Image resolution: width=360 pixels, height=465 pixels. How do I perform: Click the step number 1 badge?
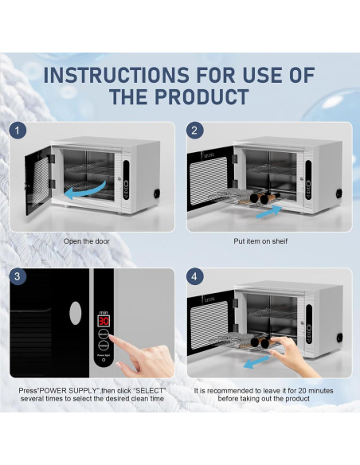(18, 131)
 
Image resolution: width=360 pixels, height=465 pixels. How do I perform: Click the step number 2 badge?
(195, 131)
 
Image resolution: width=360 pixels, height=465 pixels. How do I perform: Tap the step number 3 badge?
(18, 276)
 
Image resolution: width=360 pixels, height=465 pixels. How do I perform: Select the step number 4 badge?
(195, 276)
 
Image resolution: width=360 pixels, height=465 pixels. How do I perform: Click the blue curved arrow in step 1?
(85, 191)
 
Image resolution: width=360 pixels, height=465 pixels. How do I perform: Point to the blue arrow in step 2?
(269, 212)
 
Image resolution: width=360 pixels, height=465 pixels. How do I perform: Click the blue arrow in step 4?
(256, 362)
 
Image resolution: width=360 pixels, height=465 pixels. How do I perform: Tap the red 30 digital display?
(104, 321)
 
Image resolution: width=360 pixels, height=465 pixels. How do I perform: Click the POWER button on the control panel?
(104, 346)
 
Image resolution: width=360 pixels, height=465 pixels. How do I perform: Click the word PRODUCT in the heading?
(202, 96)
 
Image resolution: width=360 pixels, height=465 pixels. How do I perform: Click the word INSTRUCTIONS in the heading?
(116, 75)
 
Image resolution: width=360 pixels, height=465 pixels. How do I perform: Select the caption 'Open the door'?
(87, 241)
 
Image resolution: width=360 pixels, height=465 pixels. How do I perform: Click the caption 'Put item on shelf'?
(260, 241)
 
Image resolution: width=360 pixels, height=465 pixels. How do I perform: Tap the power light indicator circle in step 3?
(104, 360)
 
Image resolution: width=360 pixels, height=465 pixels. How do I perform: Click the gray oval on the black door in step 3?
(76, 313)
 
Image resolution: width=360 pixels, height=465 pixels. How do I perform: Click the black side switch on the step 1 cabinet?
(156, 194)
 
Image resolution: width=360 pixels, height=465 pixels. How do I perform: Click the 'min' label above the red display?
(104, 313)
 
